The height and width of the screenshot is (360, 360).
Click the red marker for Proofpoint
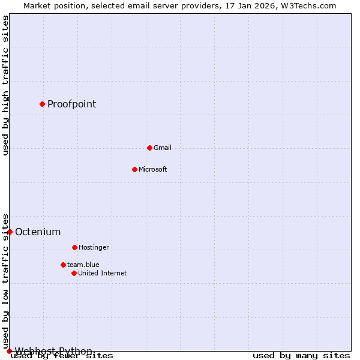tap(42, 104)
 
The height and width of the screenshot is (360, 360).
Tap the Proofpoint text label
tap(71, 104)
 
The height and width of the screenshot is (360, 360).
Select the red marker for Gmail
tap(149, 148)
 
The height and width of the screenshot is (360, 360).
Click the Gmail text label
tap(162, 148)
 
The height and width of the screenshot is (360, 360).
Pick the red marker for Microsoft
tap(134, 169)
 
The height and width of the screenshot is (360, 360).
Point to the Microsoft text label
tap(152, 169)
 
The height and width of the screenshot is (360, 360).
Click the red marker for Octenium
tap(10, 232)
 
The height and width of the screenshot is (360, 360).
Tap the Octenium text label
tap(37, 232)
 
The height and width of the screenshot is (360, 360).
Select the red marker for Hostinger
tap(74, 247)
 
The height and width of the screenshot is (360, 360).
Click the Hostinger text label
tap(94, 247)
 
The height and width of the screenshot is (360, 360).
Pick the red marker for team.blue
tap(63, 265)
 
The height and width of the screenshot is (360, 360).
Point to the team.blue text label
tap(83, 265)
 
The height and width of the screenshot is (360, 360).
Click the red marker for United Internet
tap(74, 273)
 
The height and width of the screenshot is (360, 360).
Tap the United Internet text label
tap(102, 273)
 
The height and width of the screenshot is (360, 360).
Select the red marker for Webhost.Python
tap(9, 351)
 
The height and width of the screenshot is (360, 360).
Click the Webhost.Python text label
tap(53, 350)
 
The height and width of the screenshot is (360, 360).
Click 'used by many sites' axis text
tap(301, 355)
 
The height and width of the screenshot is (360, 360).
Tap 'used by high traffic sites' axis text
tap(5, 85)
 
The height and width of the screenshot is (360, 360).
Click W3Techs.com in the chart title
tap(307, 5)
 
